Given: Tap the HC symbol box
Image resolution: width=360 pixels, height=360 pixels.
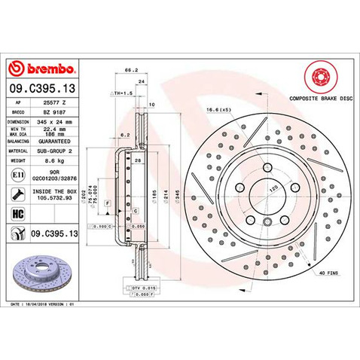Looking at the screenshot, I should [17, 213].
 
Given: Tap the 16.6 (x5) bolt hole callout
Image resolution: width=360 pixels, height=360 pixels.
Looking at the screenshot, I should [218, 111].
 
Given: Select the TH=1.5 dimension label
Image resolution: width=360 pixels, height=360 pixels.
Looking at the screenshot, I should [121, 93].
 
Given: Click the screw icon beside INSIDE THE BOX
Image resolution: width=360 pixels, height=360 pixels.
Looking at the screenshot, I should [17, 194].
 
